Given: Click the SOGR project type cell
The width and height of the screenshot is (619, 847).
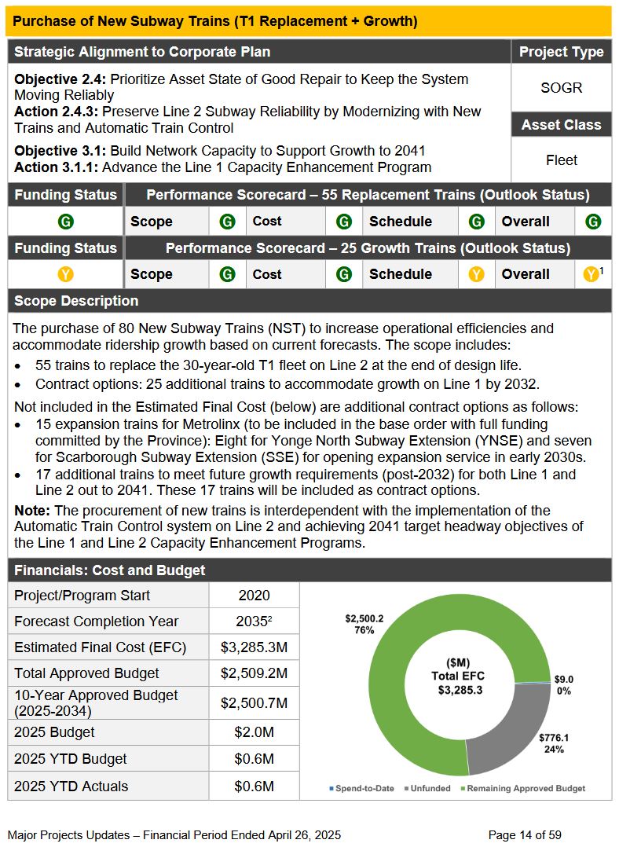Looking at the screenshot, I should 561,87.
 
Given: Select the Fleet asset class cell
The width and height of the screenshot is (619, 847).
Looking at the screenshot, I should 561,160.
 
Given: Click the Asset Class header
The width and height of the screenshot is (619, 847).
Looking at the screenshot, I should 561,125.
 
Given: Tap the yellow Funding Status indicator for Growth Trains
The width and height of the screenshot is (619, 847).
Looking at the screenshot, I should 66,274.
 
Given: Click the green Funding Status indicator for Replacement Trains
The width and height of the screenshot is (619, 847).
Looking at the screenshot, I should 66,222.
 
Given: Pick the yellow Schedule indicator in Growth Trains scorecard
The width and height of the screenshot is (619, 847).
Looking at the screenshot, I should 476,274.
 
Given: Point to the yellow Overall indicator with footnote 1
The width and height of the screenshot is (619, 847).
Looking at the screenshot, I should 592,274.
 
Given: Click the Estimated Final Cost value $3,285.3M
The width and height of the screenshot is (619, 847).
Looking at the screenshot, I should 254,648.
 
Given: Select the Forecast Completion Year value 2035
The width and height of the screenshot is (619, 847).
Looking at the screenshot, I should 254,621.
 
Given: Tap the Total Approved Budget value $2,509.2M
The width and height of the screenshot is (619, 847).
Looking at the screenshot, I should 254,673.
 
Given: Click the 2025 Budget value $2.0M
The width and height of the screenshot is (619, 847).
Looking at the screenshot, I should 254,732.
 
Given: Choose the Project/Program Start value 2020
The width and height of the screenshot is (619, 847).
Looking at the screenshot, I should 254,596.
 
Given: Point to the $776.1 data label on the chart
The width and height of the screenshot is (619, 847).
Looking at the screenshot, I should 554,738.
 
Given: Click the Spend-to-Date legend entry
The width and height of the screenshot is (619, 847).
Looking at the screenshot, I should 361,788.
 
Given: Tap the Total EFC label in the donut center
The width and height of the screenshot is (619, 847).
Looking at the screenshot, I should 458,676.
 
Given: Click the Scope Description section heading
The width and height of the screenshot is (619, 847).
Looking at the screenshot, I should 76,301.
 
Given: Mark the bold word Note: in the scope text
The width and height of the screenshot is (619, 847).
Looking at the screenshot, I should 31,511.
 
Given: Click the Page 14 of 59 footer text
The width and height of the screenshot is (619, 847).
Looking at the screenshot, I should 525,834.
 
